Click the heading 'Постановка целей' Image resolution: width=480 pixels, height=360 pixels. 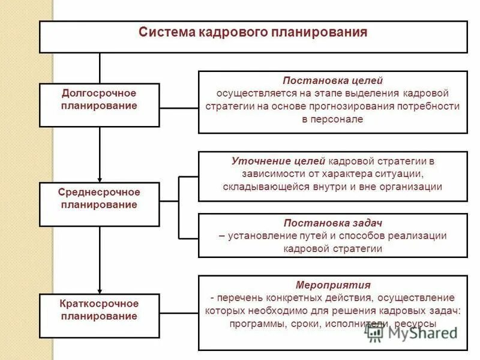(x=332, y=80)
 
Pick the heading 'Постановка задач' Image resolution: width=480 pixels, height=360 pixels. (x=332, y=224)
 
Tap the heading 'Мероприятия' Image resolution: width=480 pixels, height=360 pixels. (x=332, y=284)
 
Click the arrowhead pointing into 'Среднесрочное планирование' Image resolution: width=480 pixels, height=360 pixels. (x=100, y=178)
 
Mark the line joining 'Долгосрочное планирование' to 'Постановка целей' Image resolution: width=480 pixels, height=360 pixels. (x=179, y=108)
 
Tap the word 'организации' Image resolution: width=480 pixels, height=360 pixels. (x=414, y=187)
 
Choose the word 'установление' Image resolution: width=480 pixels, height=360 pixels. (x=256, y=236)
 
